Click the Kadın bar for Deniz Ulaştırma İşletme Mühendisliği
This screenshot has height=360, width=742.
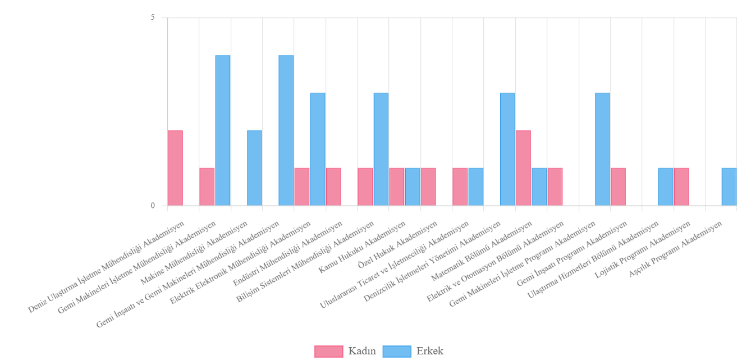click(175, 168)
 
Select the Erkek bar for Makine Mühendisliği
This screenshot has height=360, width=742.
click(254, 168)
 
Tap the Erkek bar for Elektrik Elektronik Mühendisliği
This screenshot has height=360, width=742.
click(318, 149)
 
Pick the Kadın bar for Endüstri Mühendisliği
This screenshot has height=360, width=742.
click(333, 186)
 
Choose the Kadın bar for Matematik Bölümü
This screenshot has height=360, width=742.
click(523, 168)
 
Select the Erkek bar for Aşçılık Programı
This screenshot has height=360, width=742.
click(729, 186)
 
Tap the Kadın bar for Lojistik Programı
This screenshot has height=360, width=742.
click(681, 186)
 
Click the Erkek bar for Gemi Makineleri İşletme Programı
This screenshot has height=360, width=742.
click(602, 149)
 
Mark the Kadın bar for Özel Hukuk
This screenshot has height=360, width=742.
click(428, 186)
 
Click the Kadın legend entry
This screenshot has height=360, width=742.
click(345, 352)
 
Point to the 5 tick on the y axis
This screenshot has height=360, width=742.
click(153, 17)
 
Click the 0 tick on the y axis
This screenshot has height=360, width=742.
click(153, 206)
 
